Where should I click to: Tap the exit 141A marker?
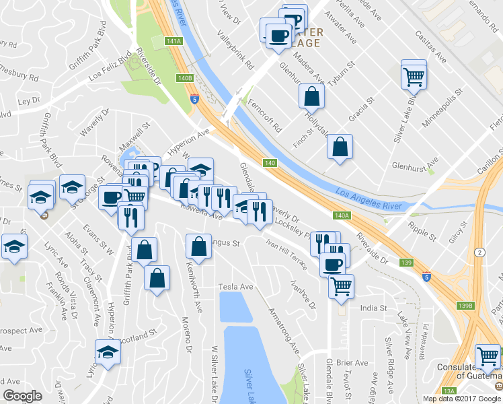pos(173,41)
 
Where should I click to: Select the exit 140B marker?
pos(186,78)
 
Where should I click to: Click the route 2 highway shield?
pos(478,252)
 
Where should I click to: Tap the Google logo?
pos(23,396)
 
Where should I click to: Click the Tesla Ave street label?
pos(235,287)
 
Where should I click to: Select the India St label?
pos(373,308)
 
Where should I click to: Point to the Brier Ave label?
pos(353,362)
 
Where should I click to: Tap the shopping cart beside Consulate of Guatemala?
pos(488,356)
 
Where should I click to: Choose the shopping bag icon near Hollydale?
pos(311,96)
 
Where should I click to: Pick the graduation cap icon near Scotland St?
pos(108,351)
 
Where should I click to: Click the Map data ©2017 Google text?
pos(462,398)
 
